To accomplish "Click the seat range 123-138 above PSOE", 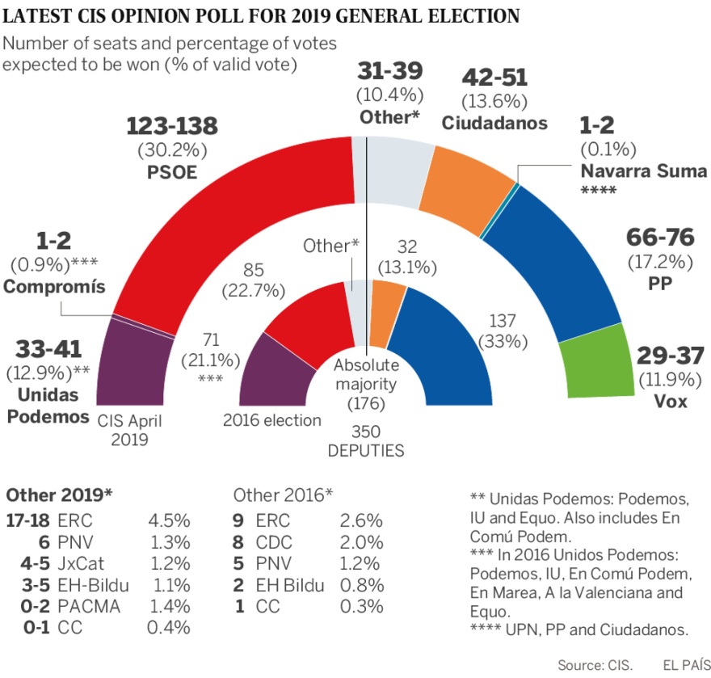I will pos(173,127).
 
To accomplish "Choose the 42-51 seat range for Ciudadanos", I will pos(494,78).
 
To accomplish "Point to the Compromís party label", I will pos(54,286).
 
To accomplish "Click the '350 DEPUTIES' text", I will pos(365,441).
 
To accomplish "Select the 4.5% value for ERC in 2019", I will pos(169,522).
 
